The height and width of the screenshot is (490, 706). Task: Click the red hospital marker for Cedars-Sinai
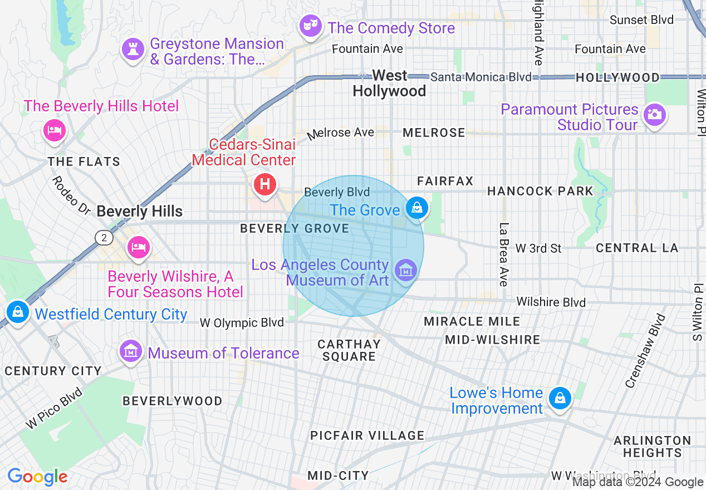point(265,184)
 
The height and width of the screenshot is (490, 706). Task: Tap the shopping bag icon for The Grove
point(416,208)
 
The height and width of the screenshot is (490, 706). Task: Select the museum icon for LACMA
point(405,271)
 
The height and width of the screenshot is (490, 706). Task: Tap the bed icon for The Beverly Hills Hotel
point(54,131)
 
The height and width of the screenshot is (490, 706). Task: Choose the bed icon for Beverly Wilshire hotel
point(138,247)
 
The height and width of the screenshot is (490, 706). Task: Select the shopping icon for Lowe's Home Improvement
point(560,399)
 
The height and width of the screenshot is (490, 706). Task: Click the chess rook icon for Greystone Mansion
point(133,49)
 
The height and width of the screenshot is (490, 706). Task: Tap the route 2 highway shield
point(104,238)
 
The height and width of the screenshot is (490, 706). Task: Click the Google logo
point(37,477)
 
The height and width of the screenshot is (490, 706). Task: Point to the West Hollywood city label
point(389,83)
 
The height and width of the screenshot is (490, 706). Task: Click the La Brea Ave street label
point(504,254)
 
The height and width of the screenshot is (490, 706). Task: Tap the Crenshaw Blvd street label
point(646,351)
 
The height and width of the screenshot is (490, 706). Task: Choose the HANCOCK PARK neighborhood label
point(540,191)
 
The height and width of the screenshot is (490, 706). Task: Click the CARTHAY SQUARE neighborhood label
point(349,350)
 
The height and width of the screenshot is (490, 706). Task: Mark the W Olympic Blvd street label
point(242,322)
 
